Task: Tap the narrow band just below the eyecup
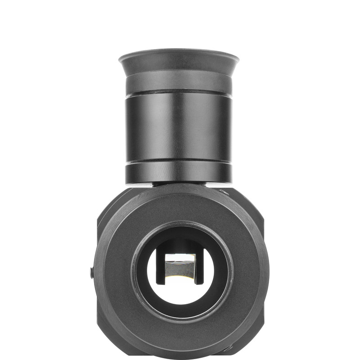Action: (x=179, y=81)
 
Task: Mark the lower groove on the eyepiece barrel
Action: (x=179, y=161)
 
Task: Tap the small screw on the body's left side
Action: (x=92, y=272)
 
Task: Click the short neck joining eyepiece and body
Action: (x=179, y=184)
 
